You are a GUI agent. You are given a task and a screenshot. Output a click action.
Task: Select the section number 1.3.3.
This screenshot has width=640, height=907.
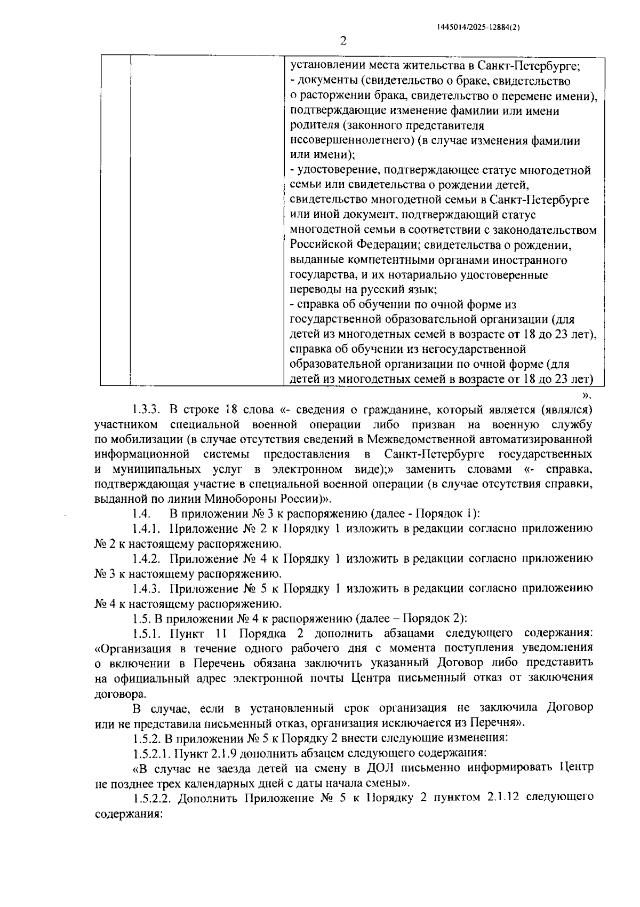(x=147, y=409)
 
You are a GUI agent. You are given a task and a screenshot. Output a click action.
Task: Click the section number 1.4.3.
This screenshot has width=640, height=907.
(x=147, y=588)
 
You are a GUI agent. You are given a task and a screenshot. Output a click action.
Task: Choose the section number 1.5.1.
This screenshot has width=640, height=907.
(x=147, y=633)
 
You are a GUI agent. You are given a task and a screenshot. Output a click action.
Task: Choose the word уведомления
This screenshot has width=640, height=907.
(x=560, y=648)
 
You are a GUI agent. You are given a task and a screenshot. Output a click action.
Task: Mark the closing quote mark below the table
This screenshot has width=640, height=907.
(x=587, y=396)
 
